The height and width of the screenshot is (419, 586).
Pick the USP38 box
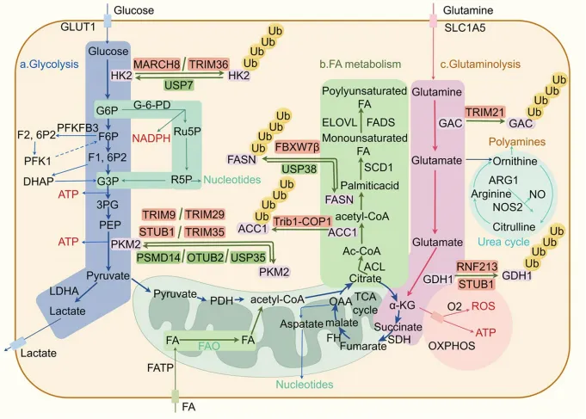(x=300, y=169)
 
